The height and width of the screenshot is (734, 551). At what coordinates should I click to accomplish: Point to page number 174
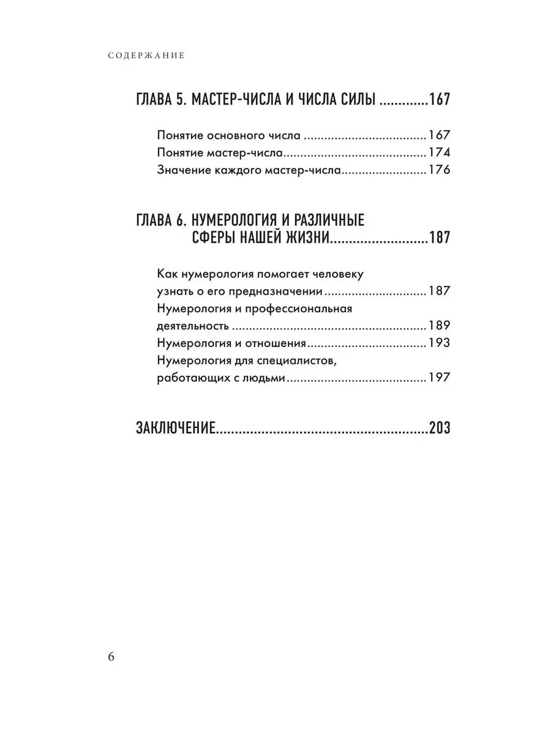(x=439, y=153)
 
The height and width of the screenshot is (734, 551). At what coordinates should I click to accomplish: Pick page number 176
(x=439, y=171)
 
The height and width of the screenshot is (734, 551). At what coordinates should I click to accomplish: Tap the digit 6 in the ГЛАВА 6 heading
(x=184, y=220)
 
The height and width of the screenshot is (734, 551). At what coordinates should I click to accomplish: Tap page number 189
(x=439, y=326)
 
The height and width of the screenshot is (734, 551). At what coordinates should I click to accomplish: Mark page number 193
(x=439, y=343)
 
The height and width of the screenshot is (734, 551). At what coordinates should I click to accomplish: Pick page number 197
(x=439, y=379)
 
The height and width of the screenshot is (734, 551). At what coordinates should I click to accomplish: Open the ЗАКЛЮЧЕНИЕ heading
(x=175, y=428)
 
